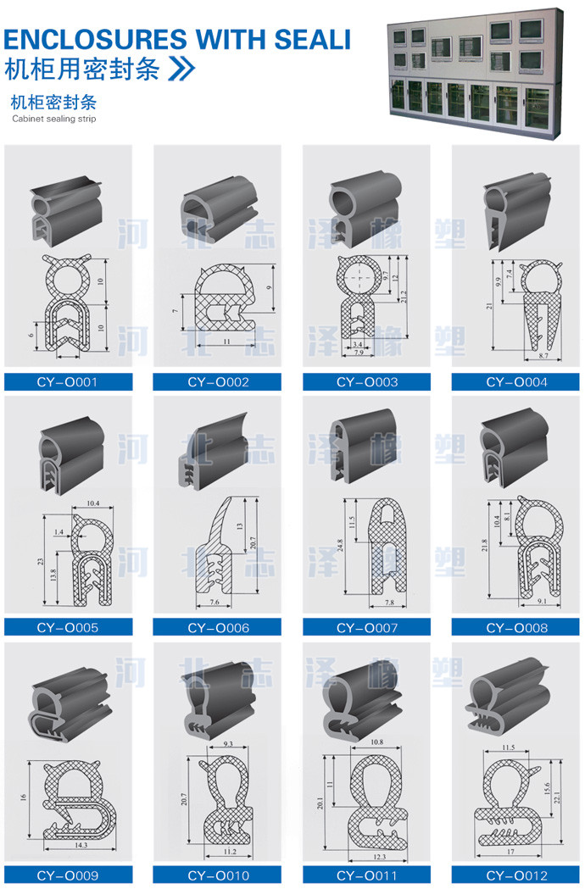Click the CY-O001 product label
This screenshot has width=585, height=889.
click(68, 382)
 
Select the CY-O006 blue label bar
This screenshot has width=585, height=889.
click(218, 628)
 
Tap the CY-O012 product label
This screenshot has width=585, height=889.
click(516, 875)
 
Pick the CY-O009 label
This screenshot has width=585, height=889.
click(68, 875)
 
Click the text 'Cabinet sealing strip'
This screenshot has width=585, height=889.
click(54, 119)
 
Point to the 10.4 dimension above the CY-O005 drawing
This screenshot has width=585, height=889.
click(90, 503)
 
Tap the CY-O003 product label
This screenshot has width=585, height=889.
click(367, 382)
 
